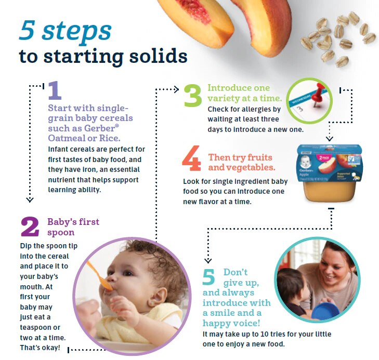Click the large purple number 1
click(55, 90)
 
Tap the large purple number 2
click(30, 226)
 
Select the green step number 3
click(193, 96)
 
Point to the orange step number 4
click(191, 158)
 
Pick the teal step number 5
click(208, 277)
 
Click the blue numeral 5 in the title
click(28, 31)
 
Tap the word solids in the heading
click(159, 56)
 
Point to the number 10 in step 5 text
click(265, 334)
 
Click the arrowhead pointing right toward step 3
click(177, 89)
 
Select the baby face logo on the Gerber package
click(306, 162)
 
